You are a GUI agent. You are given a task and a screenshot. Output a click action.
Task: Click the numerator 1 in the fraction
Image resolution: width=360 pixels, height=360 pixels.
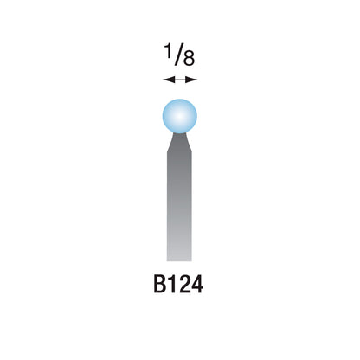click(x=168, y=51)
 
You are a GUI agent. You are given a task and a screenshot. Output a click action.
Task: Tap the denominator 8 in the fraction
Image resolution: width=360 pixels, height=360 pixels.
click(x=189, y=59)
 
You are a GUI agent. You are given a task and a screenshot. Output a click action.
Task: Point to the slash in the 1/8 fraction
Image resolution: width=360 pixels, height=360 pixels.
click(x=179, y=55)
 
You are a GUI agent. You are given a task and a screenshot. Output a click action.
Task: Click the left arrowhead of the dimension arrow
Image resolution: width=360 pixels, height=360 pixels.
click(x=169, y=80)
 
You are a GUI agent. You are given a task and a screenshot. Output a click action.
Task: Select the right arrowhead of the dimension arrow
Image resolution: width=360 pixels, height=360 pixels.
click(x=191, y=80)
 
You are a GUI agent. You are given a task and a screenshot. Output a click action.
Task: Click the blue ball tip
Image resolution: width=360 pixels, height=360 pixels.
click(x=180, y=116)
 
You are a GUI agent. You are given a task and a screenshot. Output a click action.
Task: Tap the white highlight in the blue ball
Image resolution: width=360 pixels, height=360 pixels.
click(x=180, y=116)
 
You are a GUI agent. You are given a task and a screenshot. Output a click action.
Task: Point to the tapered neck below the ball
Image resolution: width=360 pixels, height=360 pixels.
click(x=179, y=142)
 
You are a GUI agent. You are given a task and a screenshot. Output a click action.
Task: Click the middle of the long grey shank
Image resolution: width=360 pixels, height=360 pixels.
click(x=179, y=206)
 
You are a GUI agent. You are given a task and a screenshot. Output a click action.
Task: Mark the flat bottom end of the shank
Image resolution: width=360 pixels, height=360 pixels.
click(x=179, y=260)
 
